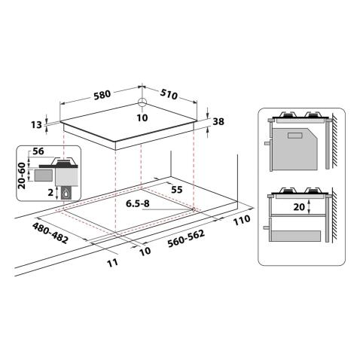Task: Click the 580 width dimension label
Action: [103, 94]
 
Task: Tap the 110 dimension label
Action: [240, 221]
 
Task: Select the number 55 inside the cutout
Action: [177, 190]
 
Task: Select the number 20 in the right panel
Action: [299, 206]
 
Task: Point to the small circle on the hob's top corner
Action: [143, 103]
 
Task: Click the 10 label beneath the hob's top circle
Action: [143, 117]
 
